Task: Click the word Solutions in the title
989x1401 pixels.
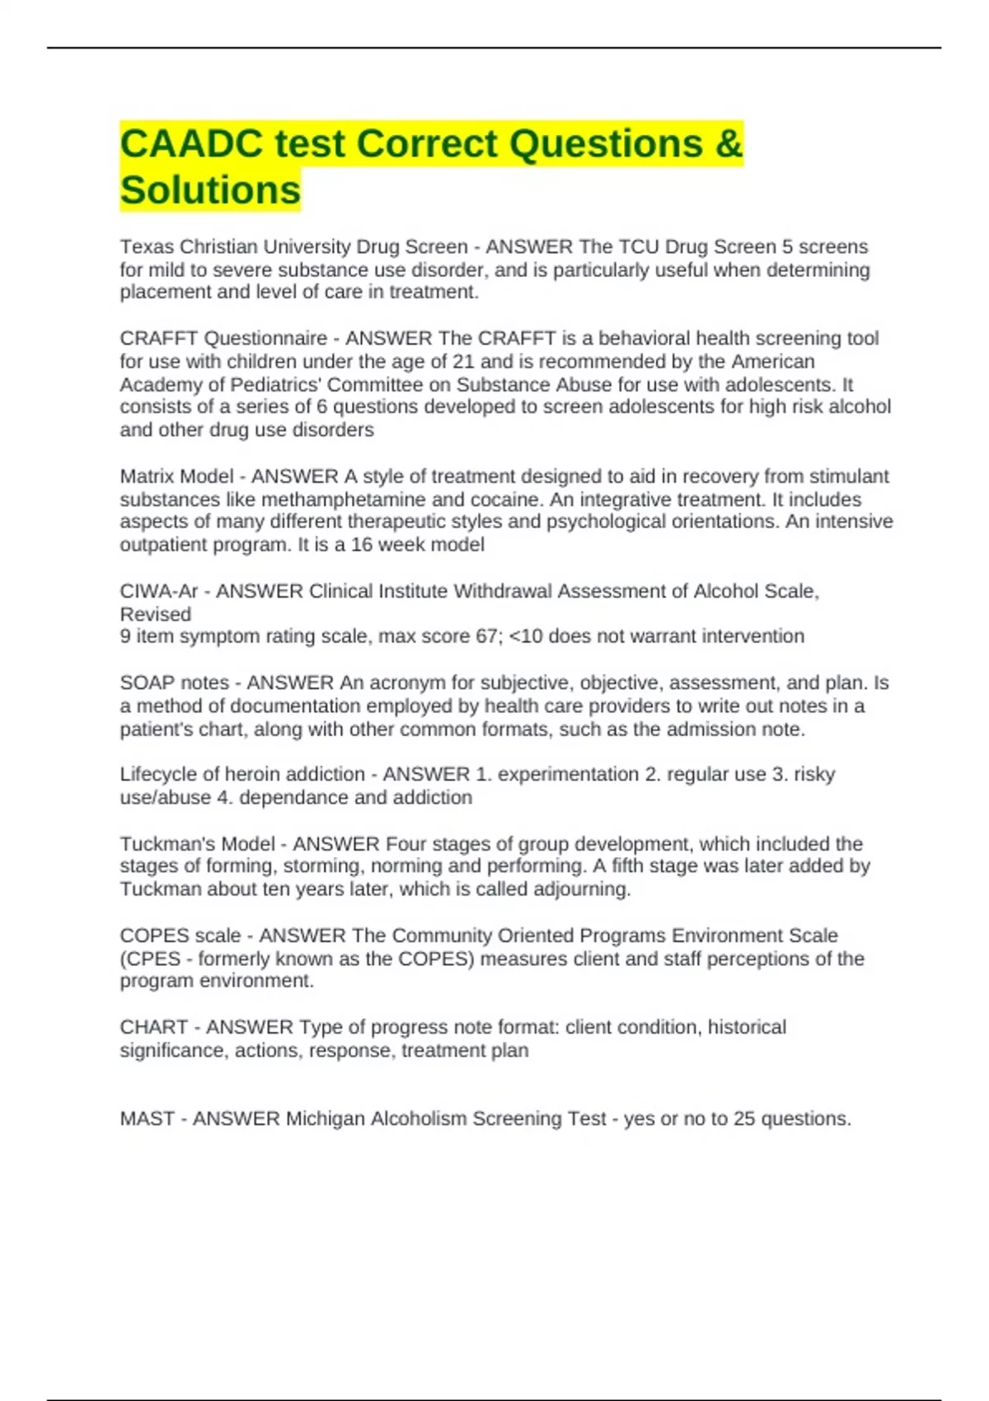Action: click(210, 190)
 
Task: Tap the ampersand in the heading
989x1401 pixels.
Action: click(729, 143)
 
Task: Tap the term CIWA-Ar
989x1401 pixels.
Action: click(159, 591)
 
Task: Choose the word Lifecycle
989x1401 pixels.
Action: click(158, 774)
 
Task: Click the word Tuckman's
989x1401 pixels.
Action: click(162, 844)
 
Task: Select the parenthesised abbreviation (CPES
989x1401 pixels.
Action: click(150, 958)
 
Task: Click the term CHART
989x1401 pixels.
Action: click(149, 1027)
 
